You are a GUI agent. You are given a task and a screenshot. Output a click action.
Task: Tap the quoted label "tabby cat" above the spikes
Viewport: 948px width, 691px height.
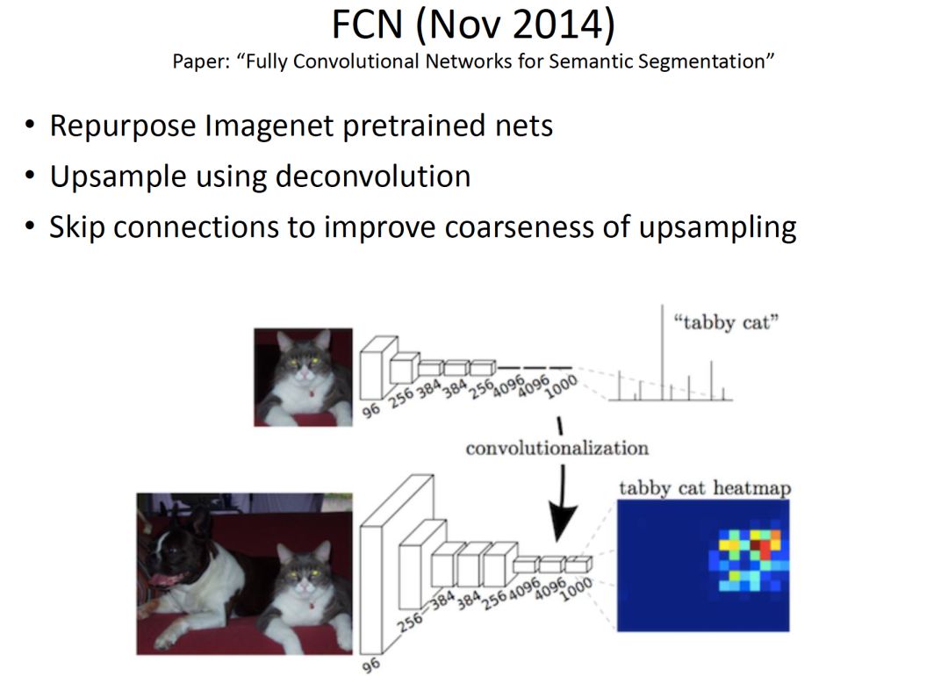click(727, 322)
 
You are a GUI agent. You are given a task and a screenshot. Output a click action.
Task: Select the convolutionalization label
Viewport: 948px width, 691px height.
click(557, 449)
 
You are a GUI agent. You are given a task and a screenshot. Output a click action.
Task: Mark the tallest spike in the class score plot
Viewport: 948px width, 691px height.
click(664, 351)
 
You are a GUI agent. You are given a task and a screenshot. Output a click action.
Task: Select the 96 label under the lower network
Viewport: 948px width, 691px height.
click(371, 665)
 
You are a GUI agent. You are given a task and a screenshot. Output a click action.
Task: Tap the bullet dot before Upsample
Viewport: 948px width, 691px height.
click(31, 176)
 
